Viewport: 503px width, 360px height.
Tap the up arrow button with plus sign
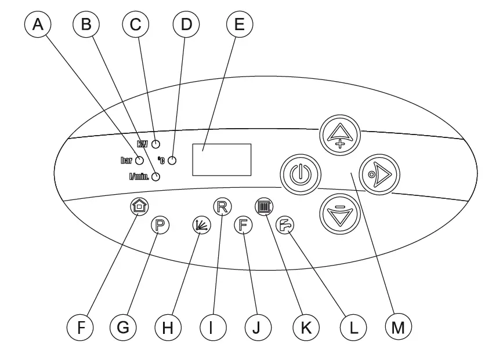click(341, 135)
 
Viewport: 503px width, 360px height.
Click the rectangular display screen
click(222, 159)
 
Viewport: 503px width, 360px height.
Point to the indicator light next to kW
click(155, 144)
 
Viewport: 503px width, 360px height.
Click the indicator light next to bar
click(140, 161)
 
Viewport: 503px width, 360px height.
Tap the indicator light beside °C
click(172, 161)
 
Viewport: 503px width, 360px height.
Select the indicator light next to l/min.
click(155, 177)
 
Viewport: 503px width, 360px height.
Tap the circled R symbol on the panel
click(220, 206)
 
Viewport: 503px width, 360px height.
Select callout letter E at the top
click(237, 25)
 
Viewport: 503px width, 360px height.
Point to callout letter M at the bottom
click(397, 328)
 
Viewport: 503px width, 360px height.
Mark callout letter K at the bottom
click(306, 328)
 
